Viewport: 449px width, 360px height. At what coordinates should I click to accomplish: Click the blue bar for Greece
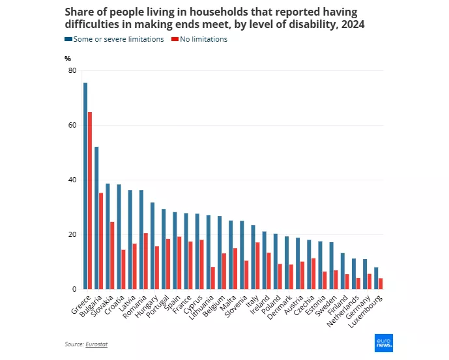coord(85,186)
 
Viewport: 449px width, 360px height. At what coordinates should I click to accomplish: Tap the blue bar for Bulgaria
coord(96,218)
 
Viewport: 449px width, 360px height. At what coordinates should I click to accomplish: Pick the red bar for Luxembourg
coord(381,284)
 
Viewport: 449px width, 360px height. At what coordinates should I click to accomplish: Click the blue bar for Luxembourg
coord(376,278)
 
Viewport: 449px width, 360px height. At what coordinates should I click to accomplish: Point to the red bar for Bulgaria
coord(101,241)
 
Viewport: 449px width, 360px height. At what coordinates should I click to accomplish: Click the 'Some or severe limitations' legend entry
coord(114,39)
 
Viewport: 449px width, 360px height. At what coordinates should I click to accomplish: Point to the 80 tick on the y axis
coord(72,70)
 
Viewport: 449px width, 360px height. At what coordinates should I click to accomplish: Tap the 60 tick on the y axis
coord(72,125)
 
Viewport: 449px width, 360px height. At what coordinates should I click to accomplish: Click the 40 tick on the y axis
coord(72,180)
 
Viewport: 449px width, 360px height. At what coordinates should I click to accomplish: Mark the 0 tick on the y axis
coord(74,289)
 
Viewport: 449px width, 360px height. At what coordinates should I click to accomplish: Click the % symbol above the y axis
coord(68,59)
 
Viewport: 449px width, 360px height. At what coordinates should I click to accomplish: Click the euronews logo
coord(385,343)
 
